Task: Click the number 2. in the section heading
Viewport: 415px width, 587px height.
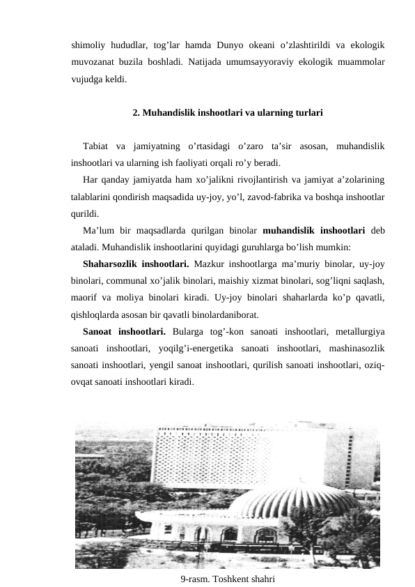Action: (x=136, y=112)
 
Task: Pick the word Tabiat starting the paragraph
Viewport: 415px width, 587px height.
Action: (x=97, y=146)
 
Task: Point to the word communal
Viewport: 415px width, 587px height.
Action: (x=129, y=282)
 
